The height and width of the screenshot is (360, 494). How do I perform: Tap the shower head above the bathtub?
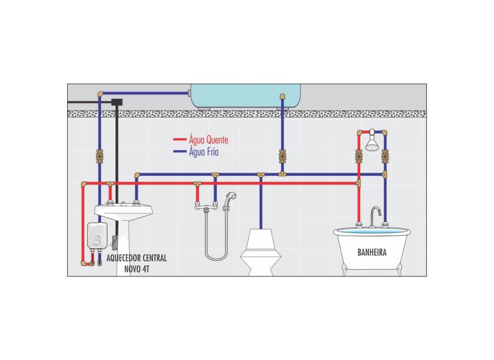pos(371,142)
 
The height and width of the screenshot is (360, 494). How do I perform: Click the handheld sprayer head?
pos(230,198)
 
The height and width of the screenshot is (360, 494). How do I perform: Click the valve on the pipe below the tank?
pos(282,157)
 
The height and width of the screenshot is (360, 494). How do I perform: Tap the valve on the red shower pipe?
pos(359,156)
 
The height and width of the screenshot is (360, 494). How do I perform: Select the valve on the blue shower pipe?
pos(385,156)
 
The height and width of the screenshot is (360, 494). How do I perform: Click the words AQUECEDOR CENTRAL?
pos(137,258)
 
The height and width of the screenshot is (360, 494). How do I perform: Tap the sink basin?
pos(124,211)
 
